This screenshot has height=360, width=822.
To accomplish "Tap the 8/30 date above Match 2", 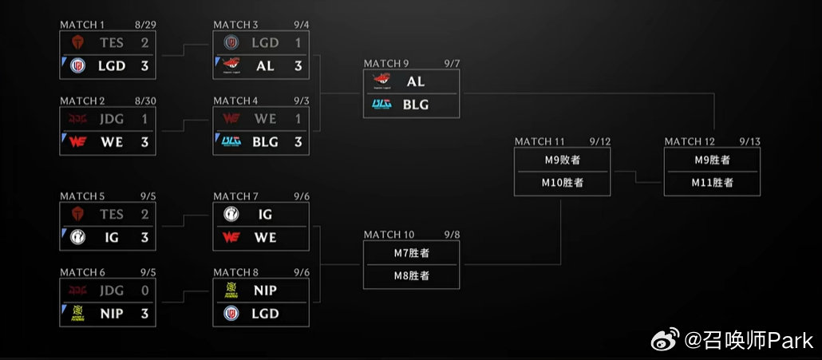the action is pos(145,101).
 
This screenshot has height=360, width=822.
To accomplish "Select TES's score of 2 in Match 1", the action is pos(144,42).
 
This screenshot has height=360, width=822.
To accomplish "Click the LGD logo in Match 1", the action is pos(77,65).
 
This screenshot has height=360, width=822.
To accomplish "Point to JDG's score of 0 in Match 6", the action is pos(144,291).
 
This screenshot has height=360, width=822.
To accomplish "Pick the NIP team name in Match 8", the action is pos(265,291).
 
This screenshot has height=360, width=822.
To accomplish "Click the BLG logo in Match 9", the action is pos(381,105).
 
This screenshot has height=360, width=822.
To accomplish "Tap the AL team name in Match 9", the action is pos(416,81).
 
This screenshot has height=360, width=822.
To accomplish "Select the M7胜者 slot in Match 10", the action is pos(412,253).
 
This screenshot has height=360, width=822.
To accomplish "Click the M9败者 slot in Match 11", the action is pos(563,160).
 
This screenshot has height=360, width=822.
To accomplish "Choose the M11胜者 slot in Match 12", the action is pos(712,182).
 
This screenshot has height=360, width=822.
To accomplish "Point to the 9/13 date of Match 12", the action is pos(749,141).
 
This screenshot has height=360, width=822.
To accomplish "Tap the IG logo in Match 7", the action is pos(231,214).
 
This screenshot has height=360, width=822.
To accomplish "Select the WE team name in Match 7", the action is pos(265,237).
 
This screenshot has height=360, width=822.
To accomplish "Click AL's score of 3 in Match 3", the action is pos(298,66).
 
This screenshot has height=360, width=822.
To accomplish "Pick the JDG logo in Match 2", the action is pos(77,119).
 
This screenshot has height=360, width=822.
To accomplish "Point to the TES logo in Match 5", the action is pos(77,214).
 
